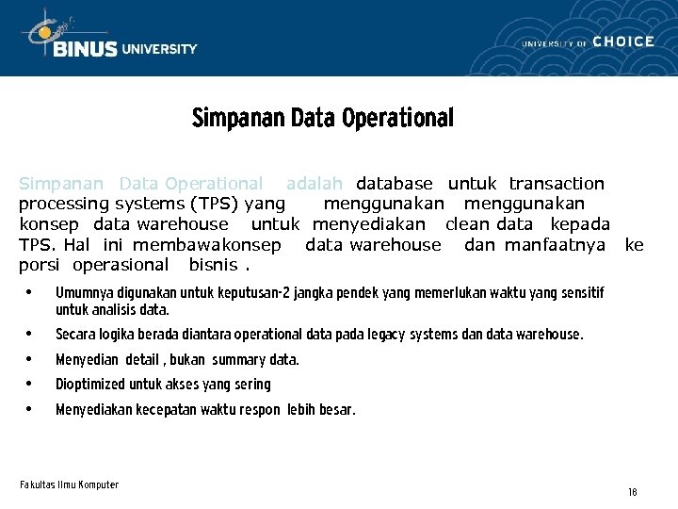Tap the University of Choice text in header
click(588, 42)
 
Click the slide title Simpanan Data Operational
click(322, 119)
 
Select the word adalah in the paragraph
click(315, 184)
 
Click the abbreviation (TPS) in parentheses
click(218, 204)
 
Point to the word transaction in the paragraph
click(557, 184)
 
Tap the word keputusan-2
click(255, 294)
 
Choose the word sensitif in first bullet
click(581, 294)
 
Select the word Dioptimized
click(90, 385)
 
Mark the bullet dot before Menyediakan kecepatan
click(30, 409)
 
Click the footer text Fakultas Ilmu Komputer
click(69, 484)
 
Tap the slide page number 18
click(632, 493)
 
